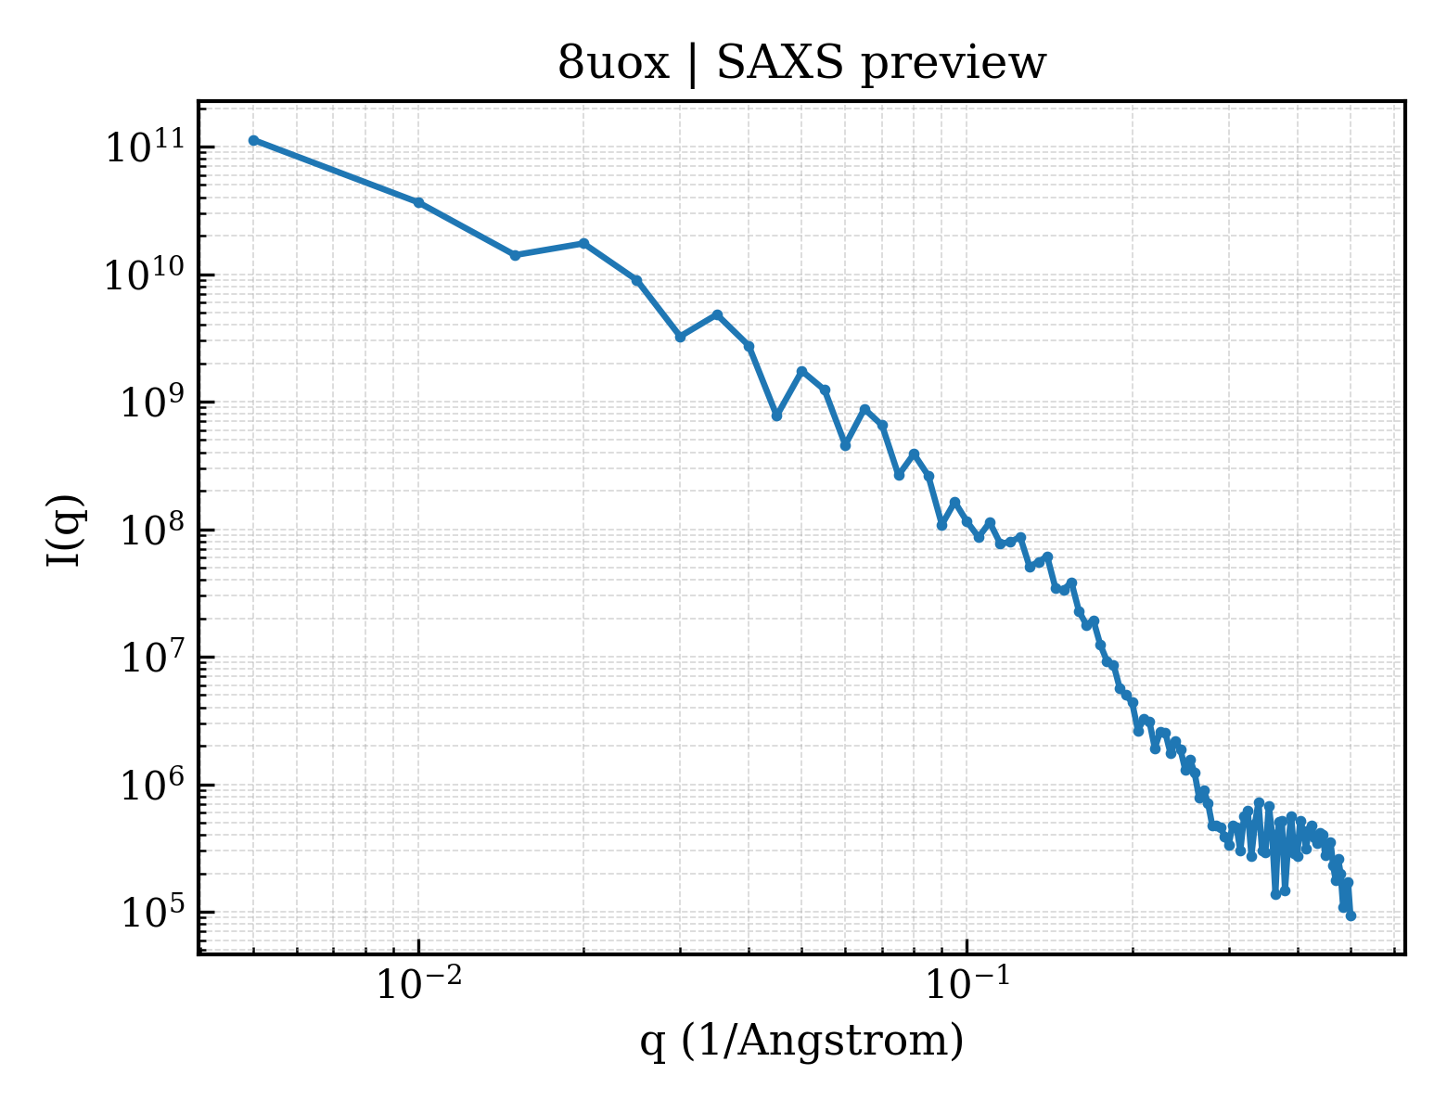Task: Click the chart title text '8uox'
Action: pos(612,64)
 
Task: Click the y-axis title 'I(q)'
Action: pos(65,530)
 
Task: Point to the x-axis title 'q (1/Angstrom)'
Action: pos(801,1040)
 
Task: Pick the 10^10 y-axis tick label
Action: pos(146,275)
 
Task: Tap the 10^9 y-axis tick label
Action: pos(152,402)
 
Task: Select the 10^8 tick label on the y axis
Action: pos(152,530)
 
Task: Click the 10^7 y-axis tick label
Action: pos(152,657)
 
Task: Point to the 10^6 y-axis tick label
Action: pos(152,785)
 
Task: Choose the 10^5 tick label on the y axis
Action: pos(152,912)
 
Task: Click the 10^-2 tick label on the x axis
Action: pos(419,982)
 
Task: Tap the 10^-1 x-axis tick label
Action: pos(967,982)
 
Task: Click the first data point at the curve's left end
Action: pos(254,140)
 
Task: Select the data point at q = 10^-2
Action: pos(419,202)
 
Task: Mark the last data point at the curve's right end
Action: pos(1351,916)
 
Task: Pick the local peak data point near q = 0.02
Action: pos(584,244)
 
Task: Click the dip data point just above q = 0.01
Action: pos(515,256)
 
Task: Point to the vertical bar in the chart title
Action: pos(693,64)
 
